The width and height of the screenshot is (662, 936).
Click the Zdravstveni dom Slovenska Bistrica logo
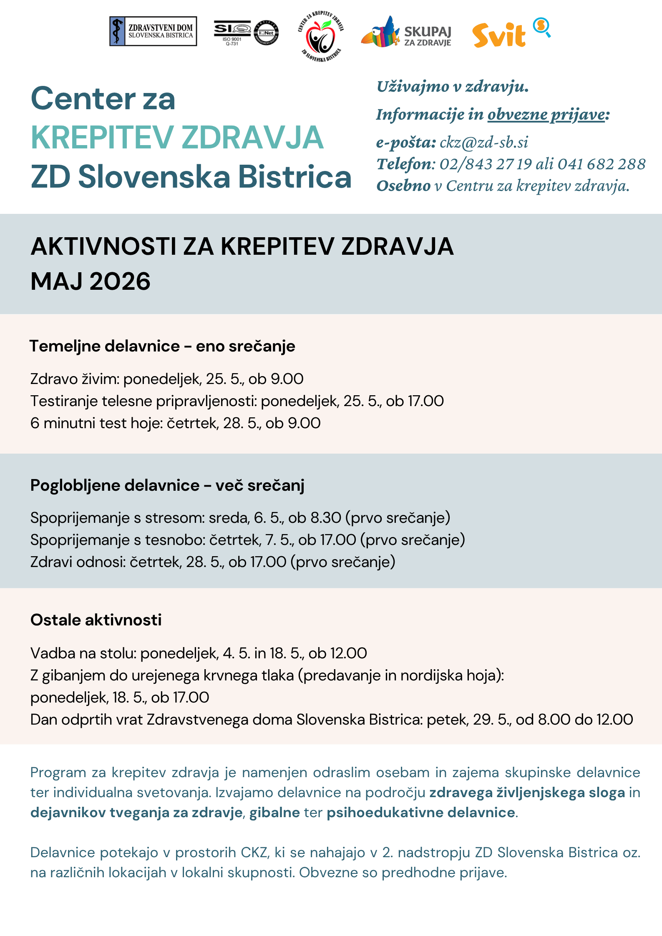(153, 31)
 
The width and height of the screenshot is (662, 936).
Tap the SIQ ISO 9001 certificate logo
(246, 33)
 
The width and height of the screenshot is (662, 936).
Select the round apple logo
(320, 36)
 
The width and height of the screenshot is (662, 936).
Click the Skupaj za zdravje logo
(406, 33)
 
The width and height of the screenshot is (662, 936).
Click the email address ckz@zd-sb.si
(484, 143)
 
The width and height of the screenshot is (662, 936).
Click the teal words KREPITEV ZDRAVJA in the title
(177, 138)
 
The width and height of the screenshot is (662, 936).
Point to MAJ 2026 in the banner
(91, 281)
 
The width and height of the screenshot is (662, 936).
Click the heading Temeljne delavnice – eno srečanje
(162, 346)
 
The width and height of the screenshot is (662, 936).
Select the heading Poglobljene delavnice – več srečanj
(167, 485)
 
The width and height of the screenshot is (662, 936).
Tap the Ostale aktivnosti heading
(96, 620)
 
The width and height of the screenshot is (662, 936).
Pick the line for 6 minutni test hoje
(175, 423)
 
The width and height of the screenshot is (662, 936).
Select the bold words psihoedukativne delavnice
(421, 813)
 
